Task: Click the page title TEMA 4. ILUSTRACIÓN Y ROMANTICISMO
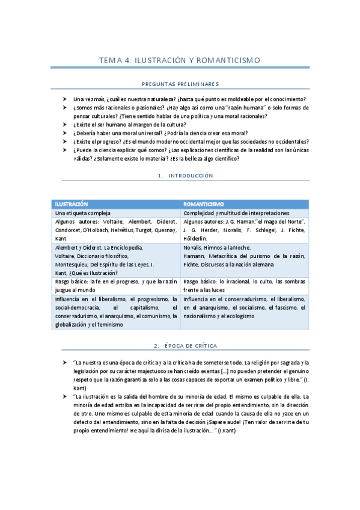coord(180,60)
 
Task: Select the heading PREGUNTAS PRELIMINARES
coord(180,84)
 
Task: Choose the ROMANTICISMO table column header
coord(204,204)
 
